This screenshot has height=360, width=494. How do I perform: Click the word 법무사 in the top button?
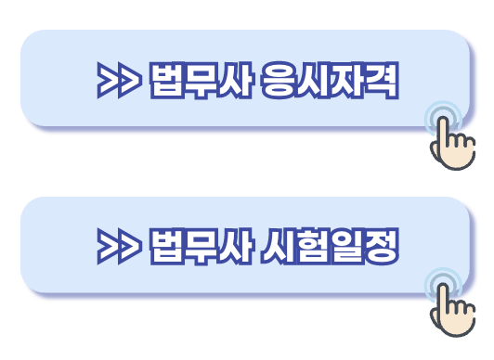(199, 82)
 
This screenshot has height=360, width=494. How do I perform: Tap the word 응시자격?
(330, 82)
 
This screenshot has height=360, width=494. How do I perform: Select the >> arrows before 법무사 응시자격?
(118, 82)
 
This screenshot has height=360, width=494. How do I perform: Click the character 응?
(280, 82)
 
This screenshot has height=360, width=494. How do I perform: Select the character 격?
(381, 82)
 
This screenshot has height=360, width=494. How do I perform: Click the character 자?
(347, 82)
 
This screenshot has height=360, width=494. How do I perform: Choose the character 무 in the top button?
(199, 82)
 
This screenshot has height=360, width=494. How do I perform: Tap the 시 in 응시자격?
(314, 82)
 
